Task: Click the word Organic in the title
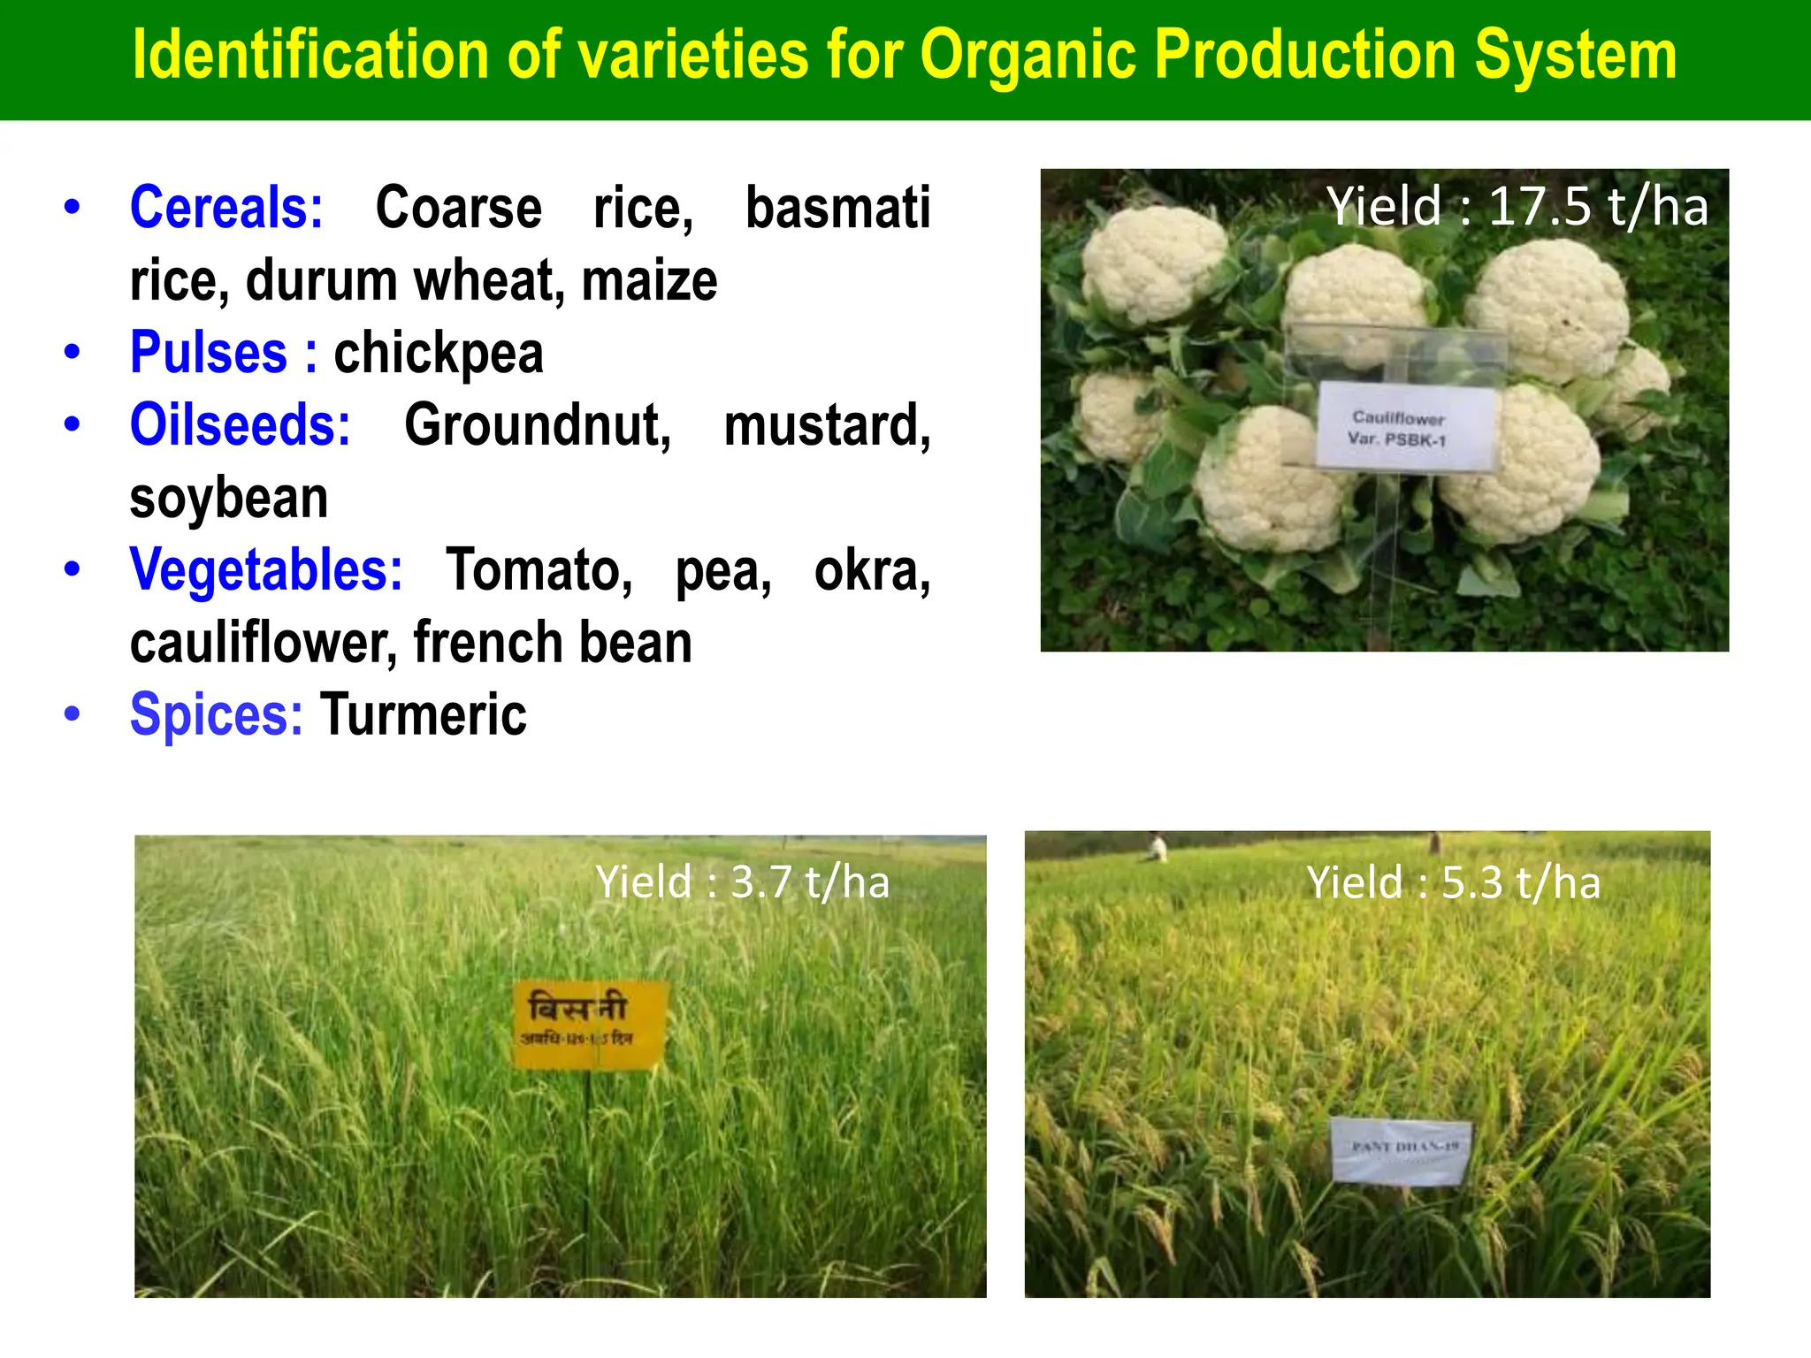(1029, 55)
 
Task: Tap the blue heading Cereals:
(226, 209)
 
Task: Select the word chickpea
(438, 354)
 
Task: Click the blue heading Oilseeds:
(240, 426)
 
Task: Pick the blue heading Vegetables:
(265, 570)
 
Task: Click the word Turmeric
(424, 714)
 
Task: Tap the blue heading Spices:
(216, 714)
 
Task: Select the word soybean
(229, 499)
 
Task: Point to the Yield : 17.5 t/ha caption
(1517, 207)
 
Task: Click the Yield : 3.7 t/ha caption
(742, 882)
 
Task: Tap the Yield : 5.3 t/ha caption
(1453, 883)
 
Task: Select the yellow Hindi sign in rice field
(587, 1024)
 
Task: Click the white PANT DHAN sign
(1401, 1149)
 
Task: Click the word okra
(871, 570)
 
